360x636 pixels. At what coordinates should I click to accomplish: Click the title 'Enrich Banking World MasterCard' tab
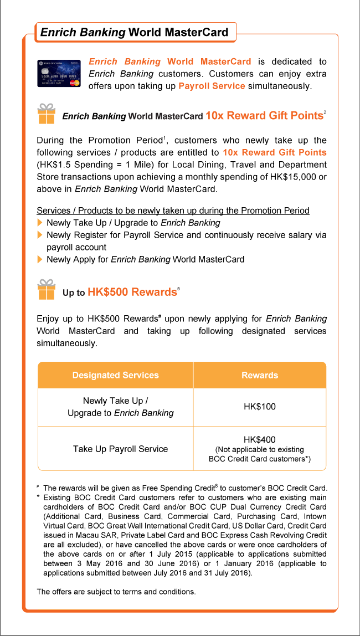click(x=135, y=32)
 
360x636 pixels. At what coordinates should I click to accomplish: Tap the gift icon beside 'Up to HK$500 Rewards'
click(x=46, y=290)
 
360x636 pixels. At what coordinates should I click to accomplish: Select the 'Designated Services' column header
click(x=115, y=375)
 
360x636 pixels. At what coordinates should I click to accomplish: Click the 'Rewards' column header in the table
click(x=260, y=375)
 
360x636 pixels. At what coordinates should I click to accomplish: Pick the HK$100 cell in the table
click(x=260, y=407)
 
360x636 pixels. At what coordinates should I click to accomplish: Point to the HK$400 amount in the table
click(x=260, y=440)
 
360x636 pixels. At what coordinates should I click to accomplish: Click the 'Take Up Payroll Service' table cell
click(x=120, y=449)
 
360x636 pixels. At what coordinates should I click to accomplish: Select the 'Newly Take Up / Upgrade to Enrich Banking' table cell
click(x=120, y=407)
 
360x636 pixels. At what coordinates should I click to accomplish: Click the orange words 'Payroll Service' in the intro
click(x=212, y=86)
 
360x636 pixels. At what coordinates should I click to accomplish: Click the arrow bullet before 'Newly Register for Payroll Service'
click(x=39, y=235)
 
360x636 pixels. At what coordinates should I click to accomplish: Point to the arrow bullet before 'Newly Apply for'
click(x=39, y=259)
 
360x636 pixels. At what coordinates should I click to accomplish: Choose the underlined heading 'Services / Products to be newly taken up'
click(x=173, y=211)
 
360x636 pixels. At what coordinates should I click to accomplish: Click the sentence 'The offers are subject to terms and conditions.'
click(x=116, y=592)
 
